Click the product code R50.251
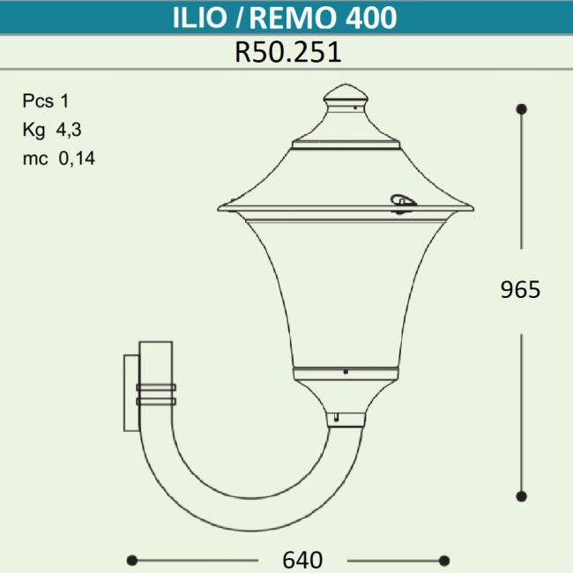tap(287, 53)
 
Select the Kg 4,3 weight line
tap(53, 130)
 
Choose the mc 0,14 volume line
tap(59, 160)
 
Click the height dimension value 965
tap(520, 289)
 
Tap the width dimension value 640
tap(302, 560)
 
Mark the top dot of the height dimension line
tap(522, 108)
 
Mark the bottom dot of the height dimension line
tap(522, 495)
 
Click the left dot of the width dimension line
tap(132, 560)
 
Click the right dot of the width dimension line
tap(444, 560)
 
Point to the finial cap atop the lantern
tap(346, 97)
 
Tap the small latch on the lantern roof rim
tap(402, 203)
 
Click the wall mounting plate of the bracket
tap(130, 392)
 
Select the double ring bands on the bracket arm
tap(156, 393)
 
